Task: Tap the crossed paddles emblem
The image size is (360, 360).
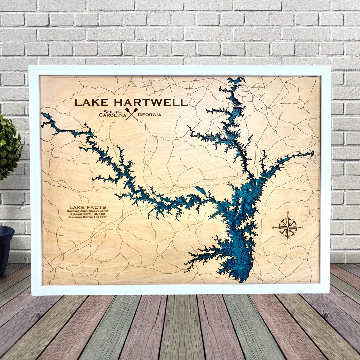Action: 131,114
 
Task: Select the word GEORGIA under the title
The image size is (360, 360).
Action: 149,115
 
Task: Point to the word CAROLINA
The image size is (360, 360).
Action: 112,115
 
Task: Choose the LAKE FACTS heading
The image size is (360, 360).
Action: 83,207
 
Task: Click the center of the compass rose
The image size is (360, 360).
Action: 287,227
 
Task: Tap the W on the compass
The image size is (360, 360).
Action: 273,228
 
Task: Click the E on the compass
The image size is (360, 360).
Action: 302,228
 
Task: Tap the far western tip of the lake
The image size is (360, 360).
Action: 42,115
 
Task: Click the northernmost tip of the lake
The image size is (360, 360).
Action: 237,79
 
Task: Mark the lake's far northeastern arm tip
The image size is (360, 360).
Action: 312,153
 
